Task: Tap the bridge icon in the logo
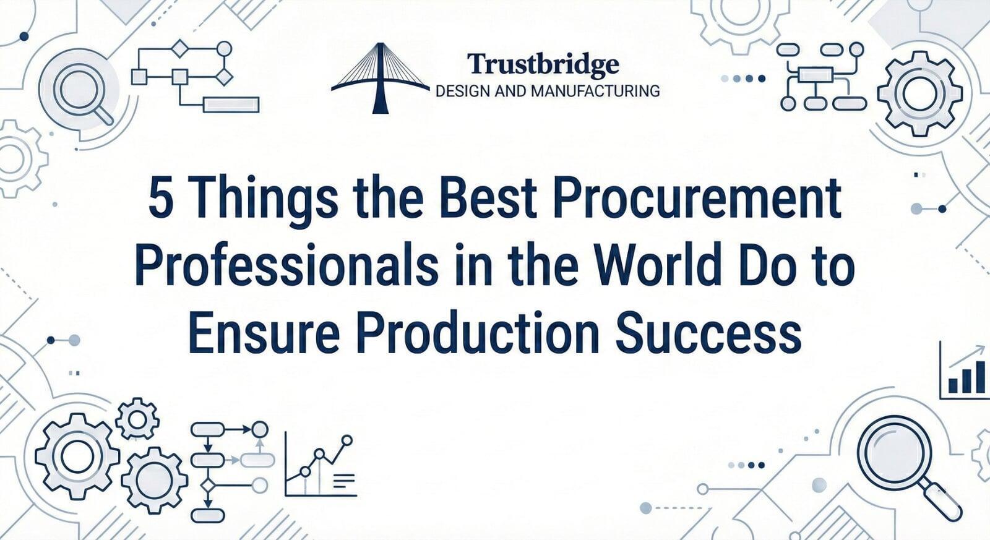pyautogui.click(x=380, y=79)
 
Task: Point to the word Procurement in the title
pyautogui.click(x=697, y=198)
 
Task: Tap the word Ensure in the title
pyautogui.click(x=264, y=331)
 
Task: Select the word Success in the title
pyautogui.click(x=708, y=332)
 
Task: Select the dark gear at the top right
pyautogui.click(x=920, y=93)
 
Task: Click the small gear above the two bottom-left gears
pyautogui.click(x=137, y=419)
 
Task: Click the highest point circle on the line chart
pyautogui.click(x=347, y=440)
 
